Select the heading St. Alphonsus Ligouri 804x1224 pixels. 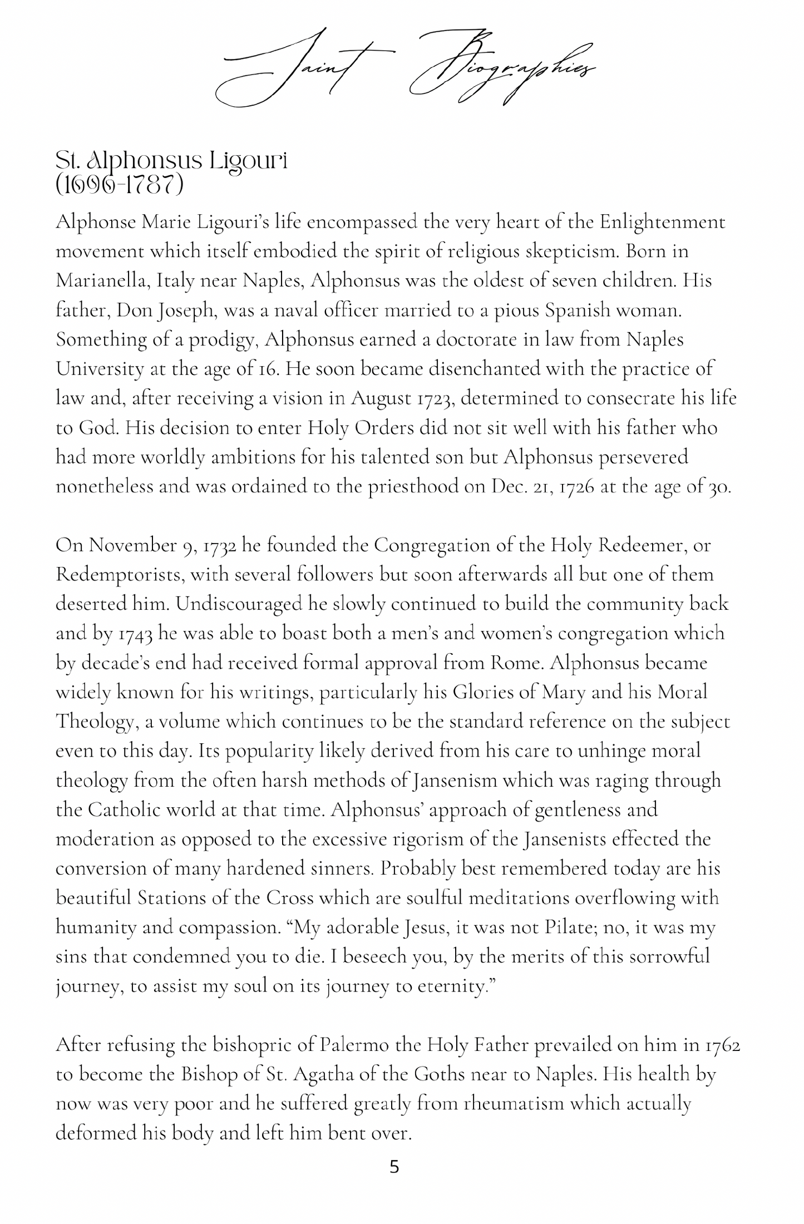[171, 161]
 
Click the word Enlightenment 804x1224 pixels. [662, 223]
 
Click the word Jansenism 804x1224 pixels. [455, 781]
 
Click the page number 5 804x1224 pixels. [394, 1167]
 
